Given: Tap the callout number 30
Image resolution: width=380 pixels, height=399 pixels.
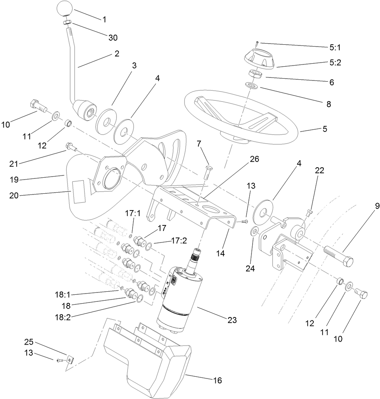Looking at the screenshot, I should [113, 38].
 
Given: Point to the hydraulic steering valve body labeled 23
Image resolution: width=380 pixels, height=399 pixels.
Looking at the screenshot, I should [180, 298].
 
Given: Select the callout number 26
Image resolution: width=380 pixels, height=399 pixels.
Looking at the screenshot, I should [254, 159].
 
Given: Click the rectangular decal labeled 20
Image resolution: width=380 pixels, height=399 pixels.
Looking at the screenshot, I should [79, 192].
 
